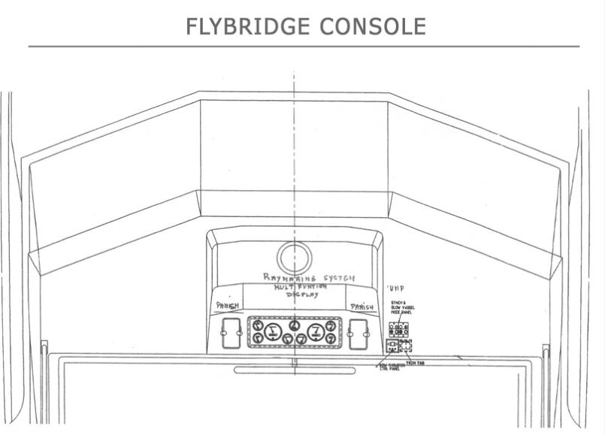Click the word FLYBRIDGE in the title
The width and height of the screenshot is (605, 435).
238,26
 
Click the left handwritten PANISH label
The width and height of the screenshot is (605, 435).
228,307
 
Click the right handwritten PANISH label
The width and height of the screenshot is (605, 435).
361,307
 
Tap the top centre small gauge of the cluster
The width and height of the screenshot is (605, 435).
295,325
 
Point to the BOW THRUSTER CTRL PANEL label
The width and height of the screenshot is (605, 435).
391,367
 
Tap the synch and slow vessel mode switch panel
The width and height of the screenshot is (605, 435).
399,330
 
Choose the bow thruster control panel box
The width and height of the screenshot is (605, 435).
392,346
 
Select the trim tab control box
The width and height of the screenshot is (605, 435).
407,346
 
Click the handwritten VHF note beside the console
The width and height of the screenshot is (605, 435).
395,288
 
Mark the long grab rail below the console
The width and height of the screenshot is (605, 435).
295,370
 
